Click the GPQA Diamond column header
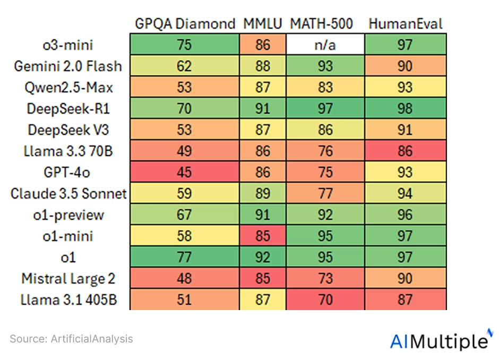point(184,24)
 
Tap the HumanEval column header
point(406,24)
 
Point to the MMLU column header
point(263,24)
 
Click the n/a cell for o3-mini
point(326,45)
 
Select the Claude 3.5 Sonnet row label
point(68,193)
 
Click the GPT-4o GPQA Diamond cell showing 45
point(185,172)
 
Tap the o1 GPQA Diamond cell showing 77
point(185,257)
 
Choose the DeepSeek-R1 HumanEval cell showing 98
point(406,108)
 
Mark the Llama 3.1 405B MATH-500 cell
point(326,299)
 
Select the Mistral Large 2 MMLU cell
point(263,278)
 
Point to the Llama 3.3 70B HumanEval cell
point(406,151)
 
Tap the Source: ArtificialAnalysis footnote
point(72,338)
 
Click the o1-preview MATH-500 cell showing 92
point(326,215)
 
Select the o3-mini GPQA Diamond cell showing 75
point(185,45)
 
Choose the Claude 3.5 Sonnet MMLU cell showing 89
point(263,193)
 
